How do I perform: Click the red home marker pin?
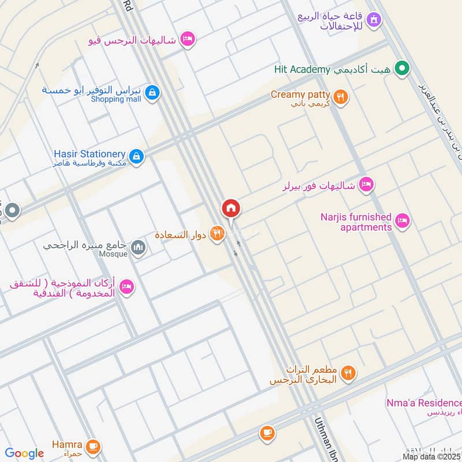(231, 208)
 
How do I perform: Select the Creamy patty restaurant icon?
(341, 97)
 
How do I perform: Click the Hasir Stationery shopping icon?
(136, 156)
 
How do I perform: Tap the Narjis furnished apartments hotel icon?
(403, 220)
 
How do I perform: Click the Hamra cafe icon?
(93, 446)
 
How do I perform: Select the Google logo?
(24, 453)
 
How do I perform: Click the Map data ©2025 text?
(431, 456)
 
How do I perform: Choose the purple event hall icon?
(375, 20)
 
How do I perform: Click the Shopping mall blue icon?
(152, 93)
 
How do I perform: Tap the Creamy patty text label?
(300, 94)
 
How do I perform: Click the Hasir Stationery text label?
(90, 154)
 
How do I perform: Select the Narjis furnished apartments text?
(356, 222)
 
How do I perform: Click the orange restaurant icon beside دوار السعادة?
(217, 234)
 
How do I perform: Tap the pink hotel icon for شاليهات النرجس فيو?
(188, 39)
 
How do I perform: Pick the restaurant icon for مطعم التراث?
(348, 373)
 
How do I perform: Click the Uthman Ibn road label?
(324, 439)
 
